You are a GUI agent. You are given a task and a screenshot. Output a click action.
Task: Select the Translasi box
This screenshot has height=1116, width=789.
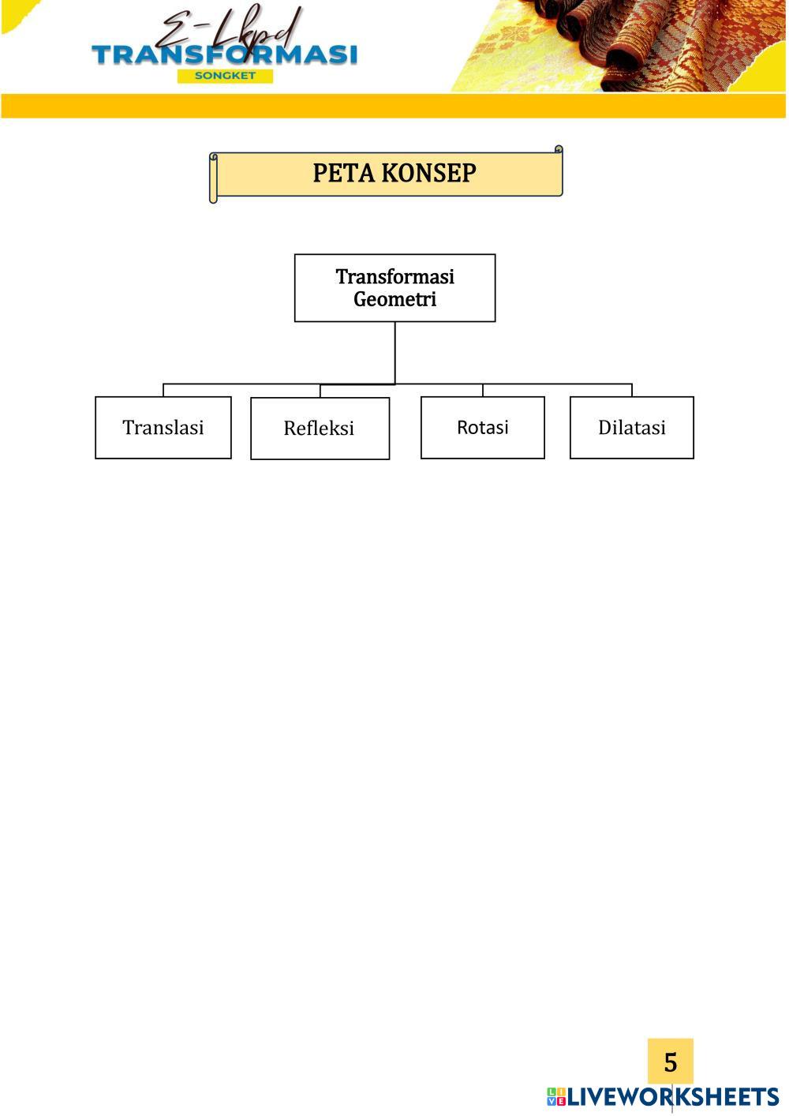[x=163, y=427]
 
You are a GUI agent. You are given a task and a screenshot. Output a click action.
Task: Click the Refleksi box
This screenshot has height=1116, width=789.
[x=320, y=428]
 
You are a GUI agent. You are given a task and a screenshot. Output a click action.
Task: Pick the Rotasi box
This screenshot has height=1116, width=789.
[x=482, y=427]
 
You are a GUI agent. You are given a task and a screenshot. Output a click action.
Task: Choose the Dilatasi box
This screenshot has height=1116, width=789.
[x=631, y=427]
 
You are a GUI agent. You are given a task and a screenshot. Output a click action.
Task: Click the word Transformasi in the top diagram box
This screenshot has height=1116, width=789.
[x=394, y=276]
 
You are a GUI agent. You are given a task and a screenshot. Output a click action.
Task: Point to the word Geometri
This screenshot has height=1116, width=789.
[x=394, y=299]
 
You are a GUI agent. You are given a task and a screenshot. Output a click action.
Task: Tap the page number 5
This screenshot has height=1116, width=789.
[x=670, y=1062]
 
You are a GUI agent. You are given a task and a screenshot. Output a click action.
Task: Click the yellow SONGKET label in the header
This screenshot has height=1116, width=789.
[x=225, y=76]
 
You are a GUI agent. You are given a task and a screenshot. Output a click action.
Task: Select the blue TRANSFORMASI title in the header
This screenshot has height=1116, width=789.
[x=225, y=54]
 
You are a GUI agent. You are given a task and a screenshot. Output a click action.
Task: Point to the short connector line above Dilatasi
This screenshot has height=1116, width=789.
[x=632, y=390]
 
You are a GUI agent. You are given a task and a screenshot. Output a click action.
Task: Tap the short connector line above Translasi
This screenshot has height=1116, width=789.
[x=163, y=390]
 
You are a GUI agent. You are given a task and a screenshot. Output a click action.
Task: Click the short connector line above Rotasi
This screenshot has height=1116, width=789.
[x=483, y=390]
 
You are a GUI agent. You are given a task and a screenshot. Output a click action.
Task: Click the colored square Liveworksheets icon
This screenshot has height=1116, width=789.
[x=556, y=1096]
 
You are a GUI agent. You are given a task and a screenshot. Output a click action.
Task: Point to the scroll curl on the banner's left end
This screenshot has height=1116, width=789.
[x=213, y=178]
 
